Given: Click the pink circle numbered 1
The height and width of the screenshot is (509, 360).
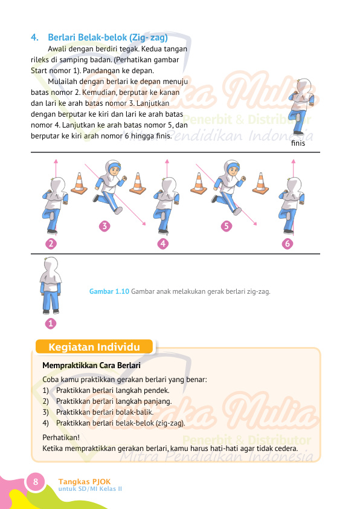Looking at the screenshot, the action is [51, 323].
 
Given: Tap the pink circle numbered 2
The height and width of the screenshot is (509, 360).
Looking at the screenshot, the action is [51, 244].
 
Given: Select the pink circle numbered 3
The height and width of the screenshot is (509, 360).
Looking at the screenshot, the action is [104, 226].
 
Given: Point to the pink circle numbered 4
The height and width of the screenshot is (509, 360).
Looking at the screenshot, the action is [163, 244].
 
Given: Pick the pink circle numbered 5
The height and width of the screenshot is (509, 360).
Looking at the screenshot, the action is [227, 226].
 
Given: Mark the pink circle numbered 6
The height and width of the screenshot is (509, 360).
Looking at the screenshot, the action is [288, 244].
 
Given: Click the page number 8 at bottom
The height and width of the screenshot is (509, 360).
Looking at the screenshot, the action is [36, 481].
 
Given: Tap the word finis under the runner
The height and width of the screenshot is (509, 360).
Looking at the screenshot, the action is [298, 143].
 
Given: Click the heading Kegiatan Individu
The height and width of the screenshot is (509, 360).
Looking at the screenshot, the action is [94, 347].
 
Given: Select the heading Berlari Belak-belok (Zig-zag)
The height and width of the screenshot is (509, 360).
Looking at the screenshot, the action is [108, 37].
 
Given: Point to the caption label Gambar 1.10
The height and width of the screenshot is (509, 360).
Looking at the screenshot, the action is [109, 291].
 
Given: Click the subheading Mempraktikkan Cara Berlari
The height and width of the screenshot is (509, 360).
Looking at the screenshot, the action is [91, 366].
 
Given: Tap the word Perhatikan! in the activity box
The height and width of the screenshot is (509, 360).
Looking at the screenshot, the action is [61, 438].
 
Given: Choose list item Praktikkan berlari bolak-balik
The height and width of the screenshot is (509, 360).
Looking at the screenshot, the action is [104, 412].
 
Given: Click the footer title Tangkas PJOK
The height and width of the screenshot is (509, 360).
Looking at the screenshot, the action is [85, 482].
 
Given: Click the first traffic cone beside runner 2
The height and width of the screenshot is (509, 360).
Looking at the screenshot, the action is [79, 183].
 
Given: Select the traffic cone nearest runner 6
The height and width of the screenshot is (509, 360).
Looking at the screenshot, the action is [260, 183].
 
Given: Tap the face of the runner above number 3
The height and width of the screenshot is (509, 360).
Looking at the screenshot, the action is [113, 170].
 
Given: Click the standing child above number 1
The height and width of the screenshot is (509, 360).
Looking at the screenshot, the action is [51, 286].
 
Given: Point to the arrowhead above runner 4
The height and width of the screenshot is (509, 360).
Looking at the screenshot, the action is [167, 161].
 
